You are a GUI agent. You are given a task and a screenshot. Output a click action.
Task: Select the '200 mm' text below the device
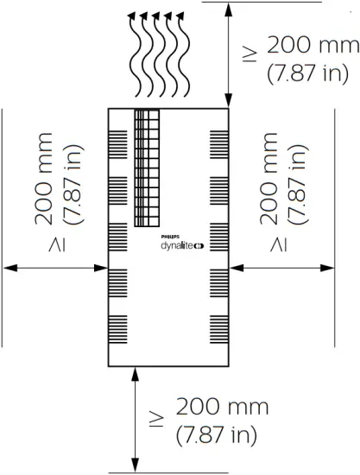pos(222,406)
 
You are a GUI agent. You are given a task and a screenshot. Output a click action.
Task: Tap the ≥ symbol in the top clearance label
pos(249,53)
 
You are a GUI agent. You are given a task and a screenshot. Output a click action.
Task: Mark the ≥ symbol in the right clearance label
pos(277,247)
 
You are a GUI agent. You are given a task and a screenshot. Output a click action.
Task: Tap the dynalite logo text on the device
pos(178,244)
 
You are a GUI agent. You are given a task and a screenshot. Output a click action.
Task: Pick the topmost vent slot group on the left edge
pos(118,139)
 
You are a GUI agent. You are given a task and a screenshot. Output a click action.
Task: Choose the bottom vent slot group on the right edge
pos(218,326)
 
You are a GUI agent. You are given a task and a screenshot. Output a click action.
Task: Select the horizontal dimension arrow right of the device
pos(281,268)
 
